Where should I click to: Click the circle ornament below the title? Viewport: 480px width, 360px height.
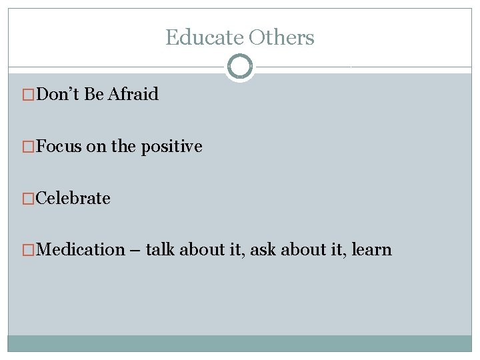(240, 67)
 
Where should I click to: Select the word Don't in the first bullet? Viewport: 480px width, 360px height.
(59, 94)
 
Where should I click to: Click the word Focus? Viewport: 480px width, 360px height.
(59, 146)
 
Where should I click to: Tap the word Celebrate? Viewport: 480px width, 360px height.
(73, 198)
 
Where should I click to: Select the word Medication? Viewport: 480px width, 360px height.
(81, 250)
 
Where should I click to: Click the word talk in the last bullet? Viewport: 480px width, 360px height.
(159, 250)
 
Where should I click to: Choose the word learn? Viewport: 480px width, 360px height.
(371, 250)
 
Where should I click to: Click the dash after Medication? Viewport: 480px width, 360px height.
(135, 251)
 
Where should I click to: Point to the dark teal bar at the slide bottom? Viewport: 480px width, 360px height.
(240, 343)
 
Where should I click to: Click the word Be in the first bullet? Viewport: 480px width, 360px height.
(94, 94)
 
